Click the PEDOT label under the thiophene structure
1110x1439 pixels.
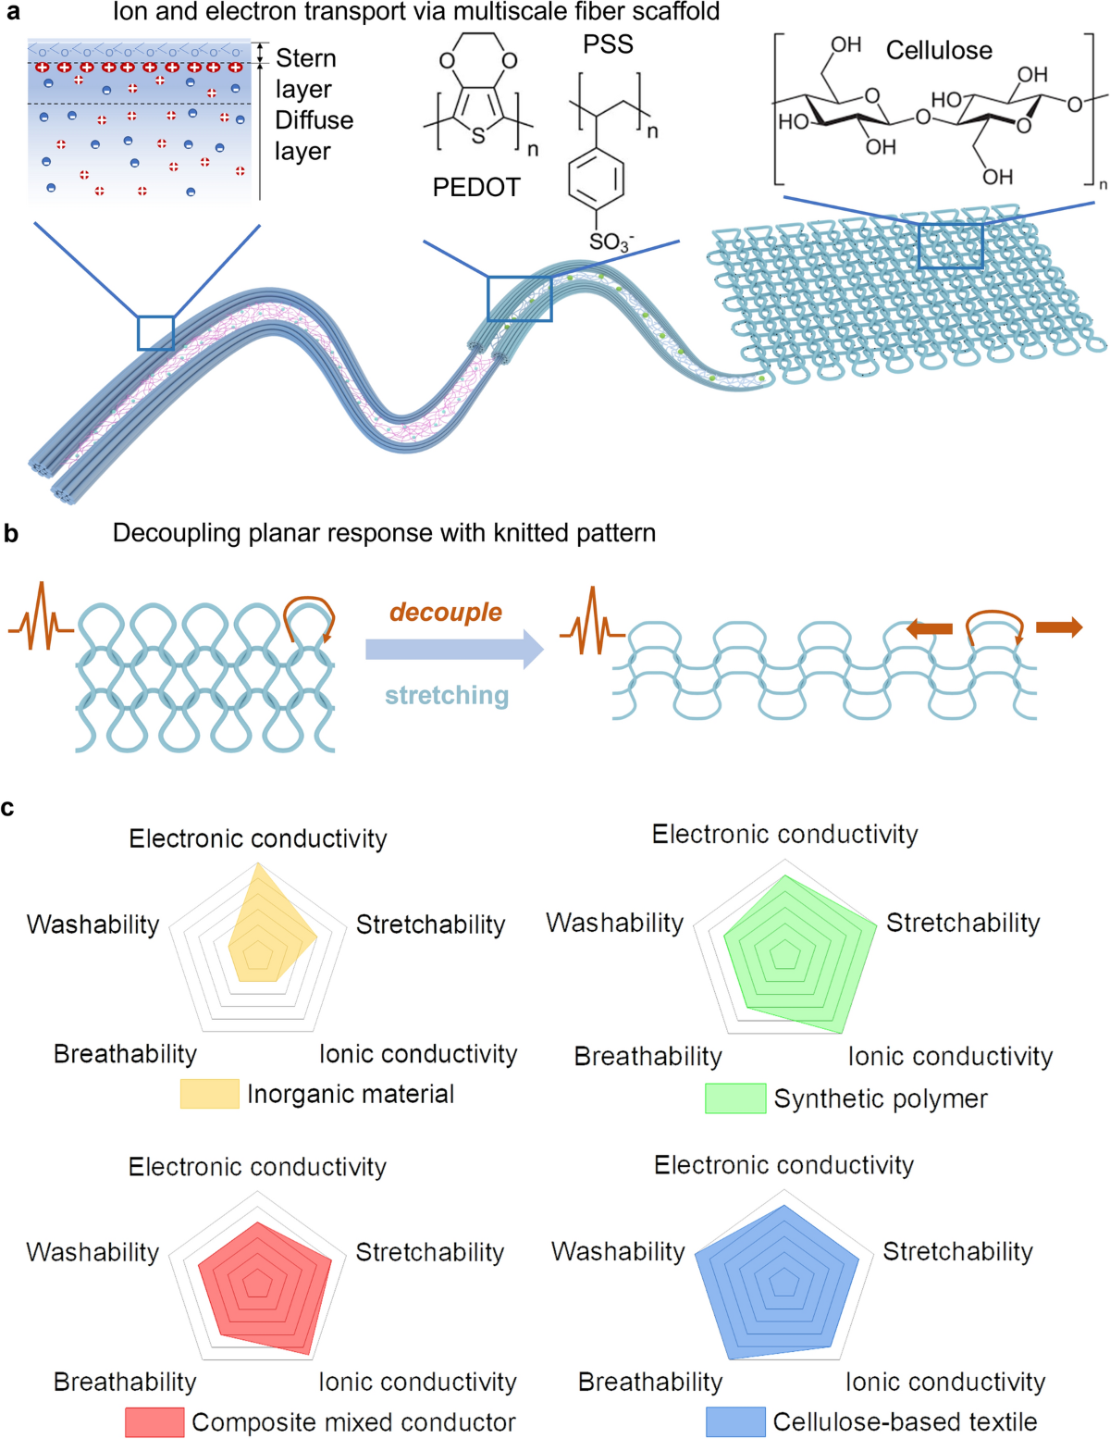[475, 188]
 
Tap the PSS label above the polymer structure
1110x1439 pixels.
[608, 44]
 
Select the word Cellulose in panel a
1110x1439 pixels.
[939, 50]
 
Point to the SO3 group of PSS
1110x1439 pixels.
[610, 242]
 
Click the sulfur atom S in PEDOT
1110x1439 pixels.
[478, 136]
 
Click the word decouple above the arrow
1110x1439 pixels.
[446, 612]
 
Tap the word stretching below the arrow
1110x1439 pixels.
[447, 695]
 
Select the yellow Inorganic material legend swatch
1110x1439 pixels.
[209, 1094]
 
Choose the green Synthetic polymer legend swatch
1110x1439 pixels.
[735, 1098]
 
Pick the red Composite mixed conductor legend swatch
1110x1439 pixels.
[154, 1422]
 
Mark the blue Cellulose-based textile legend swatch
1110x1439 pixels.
[735, 1422]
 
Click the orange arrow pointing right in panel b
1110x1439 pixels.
[1059, 628]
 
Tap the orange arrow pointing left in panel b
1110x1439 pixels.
[929, 629]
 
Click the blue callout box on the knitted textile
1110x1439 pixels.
[950, 245]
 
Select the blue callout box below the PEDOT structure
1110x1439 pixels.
[520, 298]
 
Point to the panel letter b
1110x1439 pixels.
[11, 534]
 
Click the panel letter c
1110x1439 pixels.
[8, 808]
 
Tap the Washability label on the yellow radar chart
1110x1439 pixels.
[92, 924]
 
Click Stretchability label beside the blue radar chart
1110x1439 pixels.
[957, 1251]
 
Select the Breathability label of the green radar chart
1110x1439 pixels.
[647, 1056]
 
